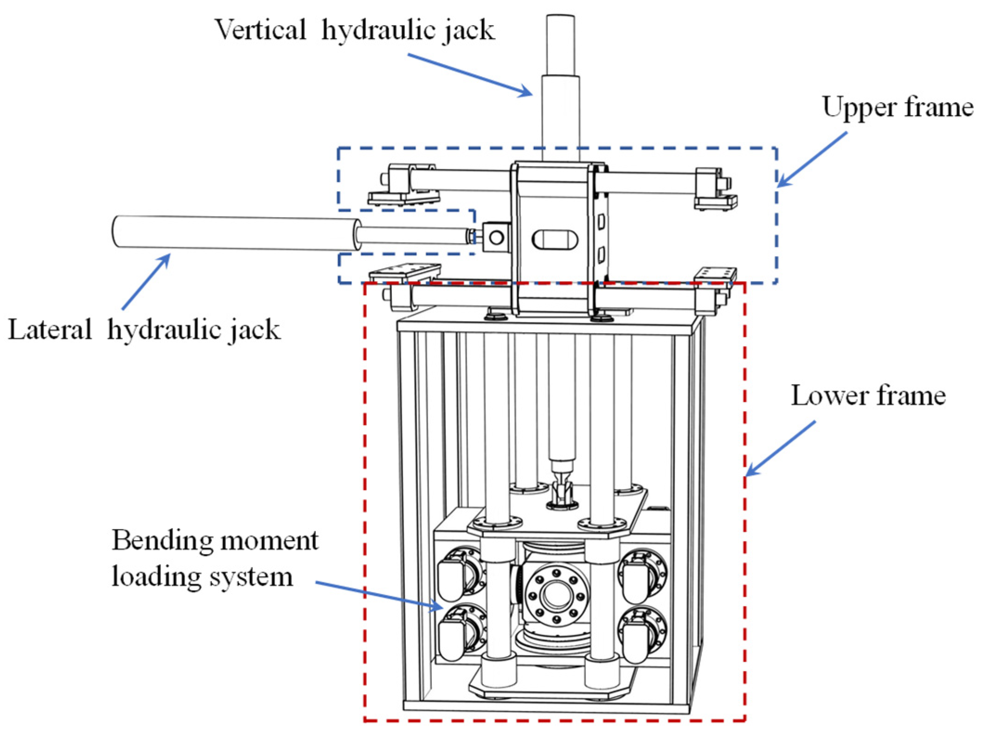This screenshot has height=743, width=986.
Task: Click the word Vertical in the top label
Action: (x=260, y=31)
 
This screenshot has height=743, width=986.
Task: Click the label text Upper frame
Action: (x=897, y=108)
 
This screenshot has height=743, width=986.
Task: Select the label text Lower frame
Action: (x=868, y=396)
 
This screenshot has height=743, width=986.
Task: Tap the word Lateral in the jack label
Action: (x=50, y=330)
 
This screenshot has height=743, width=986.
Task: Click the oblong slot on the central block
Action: (x=555, y=239)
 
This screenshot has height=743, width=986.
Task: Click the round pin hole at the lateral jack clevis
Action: (x=496, y=238)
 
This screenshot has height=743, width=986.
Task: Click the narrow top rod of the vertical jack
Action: (x=560, y=44)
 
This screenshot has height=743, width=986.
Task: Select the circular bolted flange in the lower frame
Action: (x=557, y=594)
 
